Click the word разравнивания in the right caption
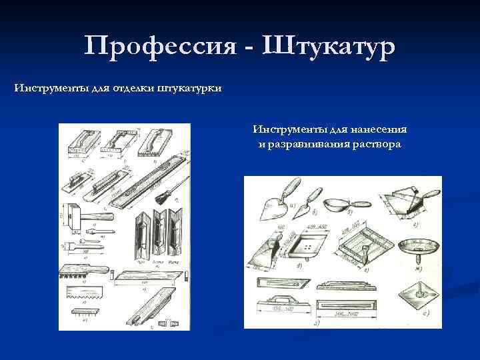pyautogui.click(x=311, y=145)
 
